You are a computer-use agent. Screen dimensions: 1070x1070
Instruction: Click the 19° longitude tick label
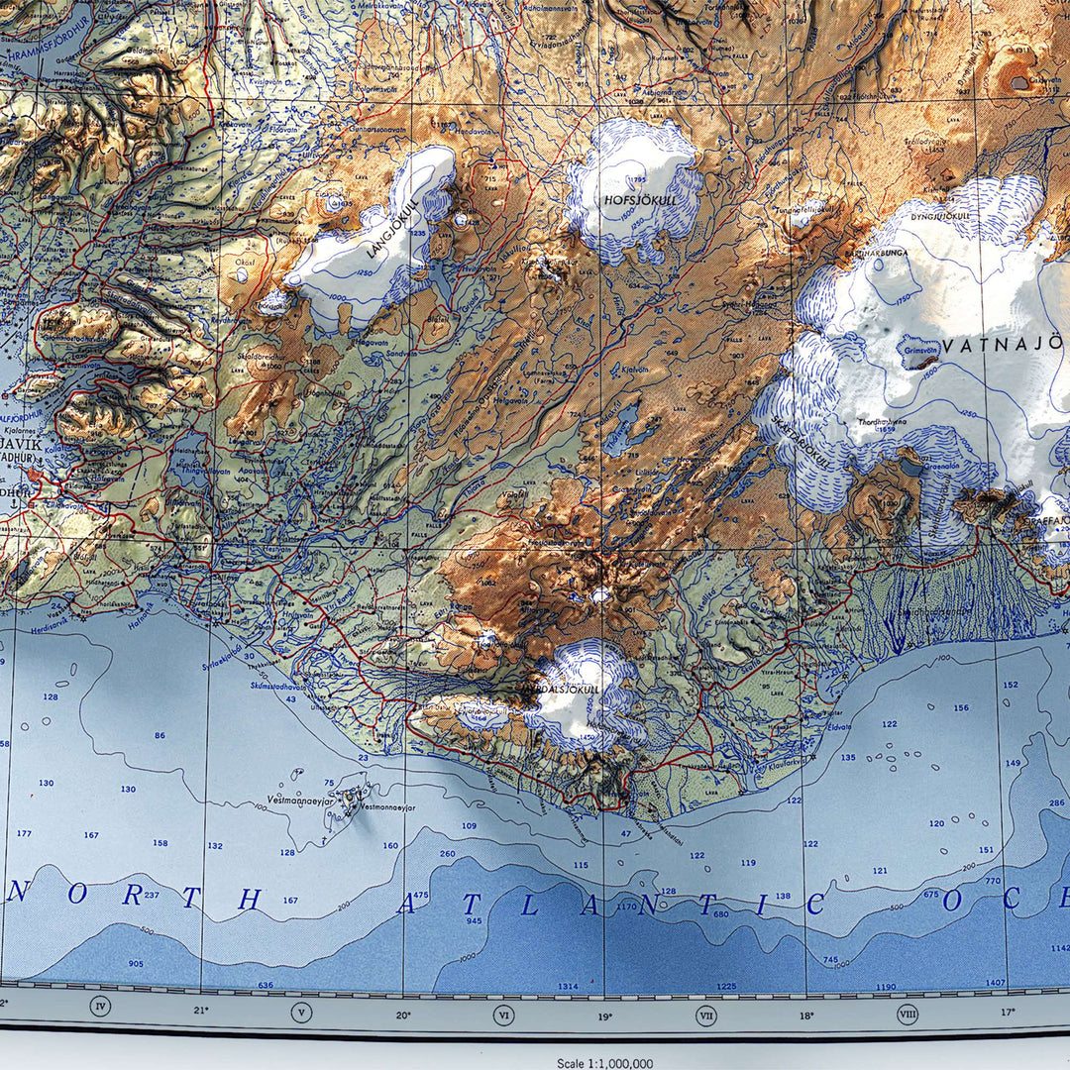604,1015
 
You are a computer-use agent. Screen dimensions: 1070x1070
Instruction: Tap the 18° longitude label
806,1015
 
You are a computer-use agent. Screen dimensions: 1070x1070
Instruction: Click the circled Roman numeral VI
504,1015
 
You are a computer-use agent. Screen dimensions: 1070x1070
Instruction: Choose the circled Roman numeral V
302,1013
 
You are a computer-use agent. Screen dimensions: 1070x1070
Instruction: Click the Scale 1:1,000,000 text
603,1063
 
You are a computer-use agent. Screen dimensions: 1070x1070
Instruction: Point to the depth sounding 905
136,963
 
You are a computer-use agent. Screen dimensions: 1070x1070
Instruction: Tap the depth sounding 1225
727,986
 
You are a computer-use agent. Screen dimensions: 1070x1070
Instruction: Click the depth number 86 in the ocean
160,735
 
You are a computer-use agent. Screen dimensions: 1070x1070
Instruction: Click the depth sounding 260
447,853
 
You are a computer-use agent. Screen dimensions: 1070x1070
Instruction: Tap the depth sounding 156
961,707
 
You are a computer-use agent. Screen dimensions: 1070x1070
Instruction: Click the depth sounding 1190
886,987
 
